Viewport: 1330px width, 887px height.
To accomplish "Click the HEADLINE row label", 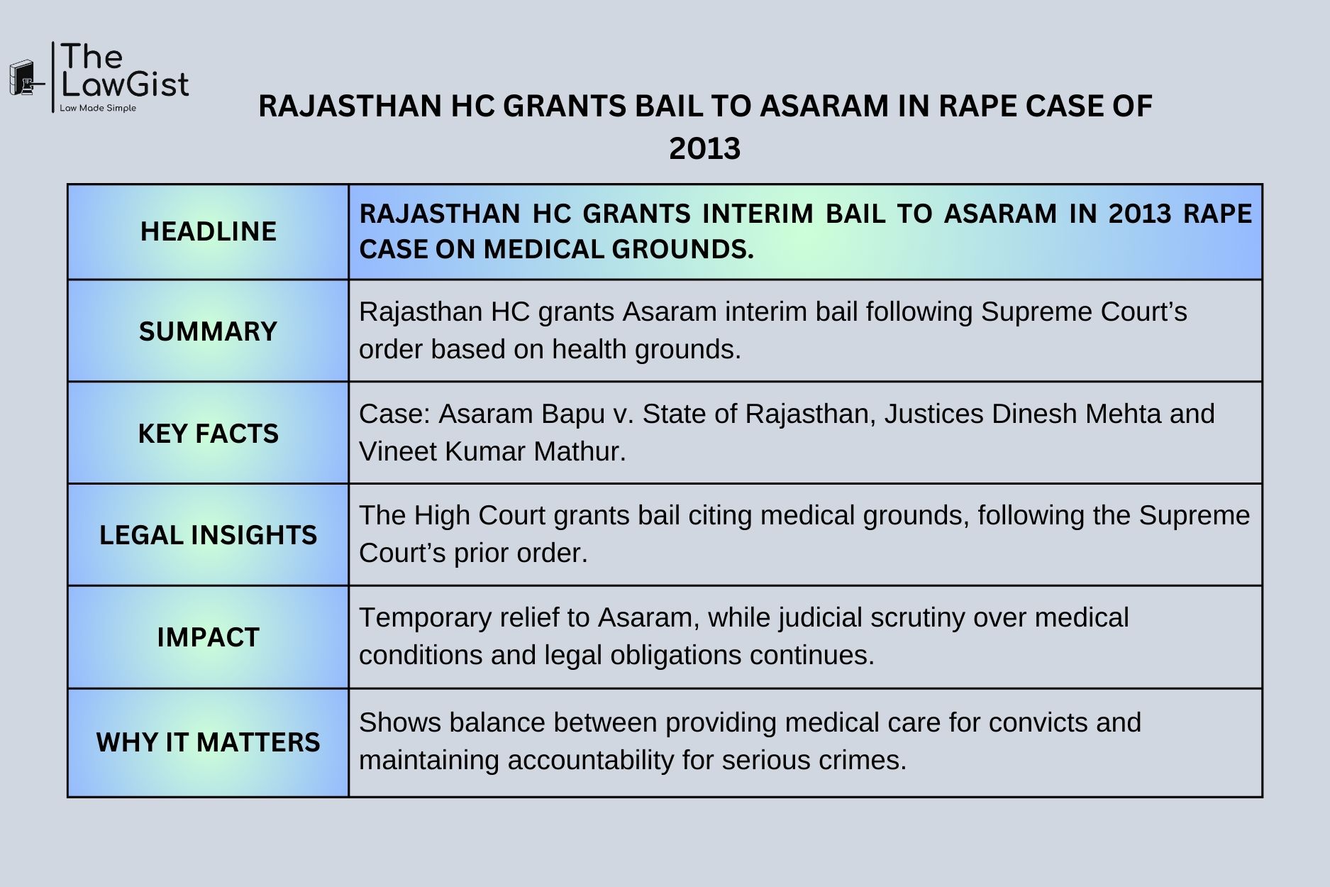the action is (208, 231).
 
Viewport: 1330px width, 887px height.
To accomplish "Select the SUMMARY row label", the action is (208, 331).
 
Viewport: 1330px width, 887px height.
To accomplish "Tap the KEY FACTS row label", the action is (208, 434).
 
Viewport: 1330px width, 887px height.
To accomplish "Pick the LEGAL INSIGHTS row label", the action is (208, 535).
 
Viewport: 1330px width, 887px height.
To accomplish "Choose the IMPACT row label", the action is (208, 637).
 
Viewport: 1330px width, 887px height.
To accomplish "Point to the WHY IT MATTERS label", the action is (208, 742).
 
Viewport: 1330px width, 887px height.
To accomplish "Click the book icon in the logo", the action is (23, 78).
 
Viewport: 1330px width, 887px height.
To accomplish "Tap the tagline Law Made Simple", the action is (98, 108).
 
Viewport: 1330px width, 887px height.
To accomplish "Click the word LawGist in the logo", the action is (125, 84).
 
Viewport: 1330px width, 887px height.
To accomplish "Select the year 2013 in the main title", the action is (704, 149).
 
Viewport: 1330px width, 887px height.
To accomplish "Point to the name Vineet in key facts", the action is (398, 451).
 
